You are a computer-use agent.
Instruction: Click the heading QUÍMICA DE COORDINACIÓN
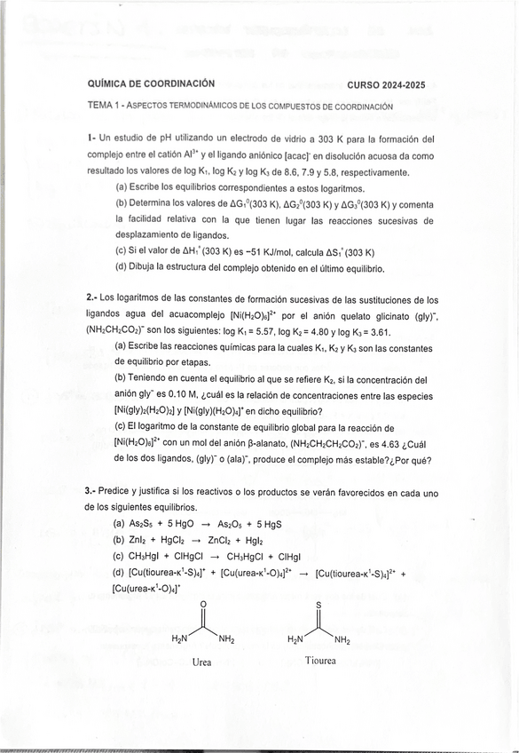pyautogui.click(x=151, y=83)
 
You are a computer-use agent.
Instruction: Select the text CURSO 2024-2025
pyautogui.click(x=385, y=85)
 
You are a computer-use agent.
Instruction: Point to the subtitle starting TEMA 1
pyautogui.click(x=240, y=105)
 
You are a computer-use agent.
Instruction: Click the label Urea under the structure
pyautogui.click(x=202, y=662)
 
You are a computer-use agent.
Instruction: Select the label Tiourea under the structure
pyautogui.click(x=320, y=661)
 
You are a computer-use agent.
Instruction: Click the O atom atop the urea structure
pyautogui.click(x=203, y=606)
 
